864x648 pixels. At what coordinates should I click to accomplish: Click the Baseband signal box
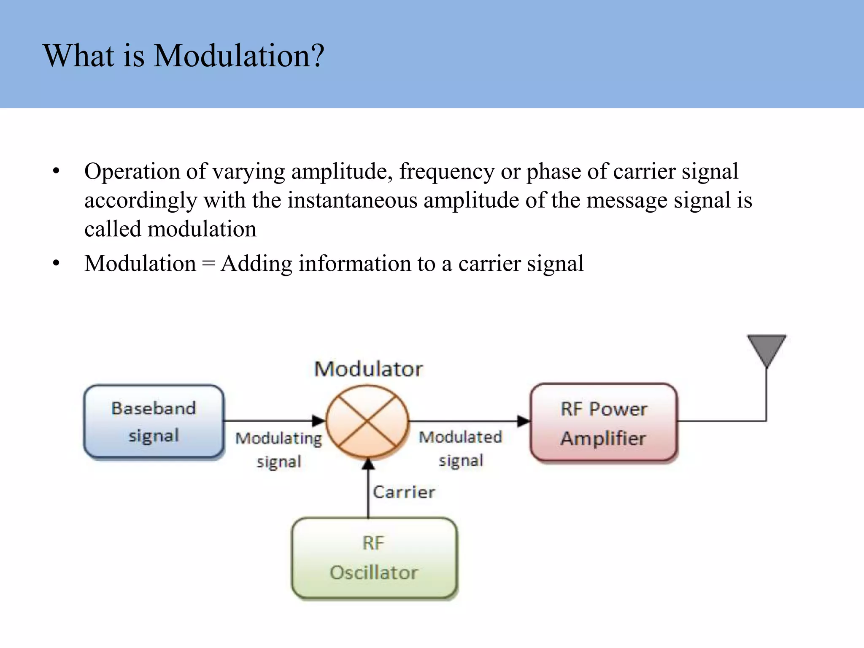click(x=154, y=421)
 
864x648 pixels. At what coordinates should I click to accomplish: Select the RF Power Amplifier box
click(x=604, y=423)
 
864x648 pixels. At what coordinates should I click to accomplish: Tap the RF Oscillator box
click(x=374, y=558)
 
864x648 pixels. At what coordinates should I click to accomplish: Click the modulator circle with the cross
click(x=367, y=421)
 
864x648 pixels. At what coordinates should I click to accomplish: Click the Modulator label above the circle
click(x=368, y=369)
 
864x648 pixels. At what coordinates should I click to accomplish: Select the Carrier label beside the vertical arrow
click(x=404, y=492)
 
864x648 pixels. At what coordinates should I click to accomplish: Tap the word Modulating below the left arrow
click(x=278, y=439)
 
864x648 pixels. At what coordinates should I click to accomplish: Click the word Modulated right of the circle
click(x=460, y=437)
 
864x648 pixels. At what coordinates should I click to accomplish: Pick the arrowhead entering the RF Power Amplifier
click(x=524, y=421)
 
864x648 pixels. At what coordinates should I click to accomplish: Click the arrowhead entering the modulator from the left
click(x=319, y=420)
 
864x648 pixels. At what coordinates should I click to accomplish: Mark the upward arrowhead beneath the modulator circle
click(x=368, y=464)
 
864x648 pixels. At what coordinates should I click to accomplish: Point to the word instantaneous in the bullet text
click(x=352, y=200)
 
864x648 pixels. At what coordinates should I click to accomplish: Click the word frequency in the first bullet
click(x=447, y=172)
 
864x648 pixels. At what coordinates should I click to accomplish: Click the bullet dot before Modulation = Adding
click(x=56, y=264)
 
